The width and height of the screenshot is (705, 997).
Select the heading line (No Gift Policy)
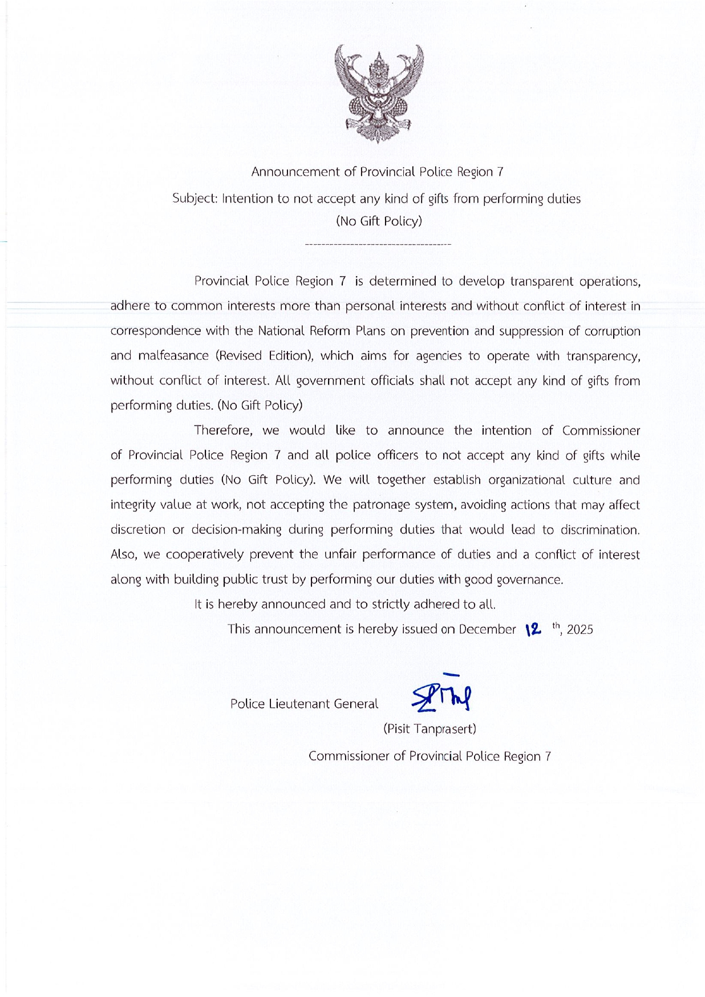[379, 221]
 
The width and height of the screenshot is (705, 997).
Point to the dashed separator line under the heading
[378, 245]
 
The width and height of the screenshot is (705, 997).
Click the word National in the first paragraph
[282, 331]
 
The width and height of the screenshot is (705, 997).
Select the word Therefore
[222, 431]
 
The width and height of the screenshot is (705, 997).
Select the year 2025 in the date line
[580, 630]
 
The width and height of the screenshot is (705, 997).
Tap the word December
[487, 629]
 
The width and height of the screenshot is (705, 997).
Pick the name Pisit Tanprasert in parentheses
[430, 729]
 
